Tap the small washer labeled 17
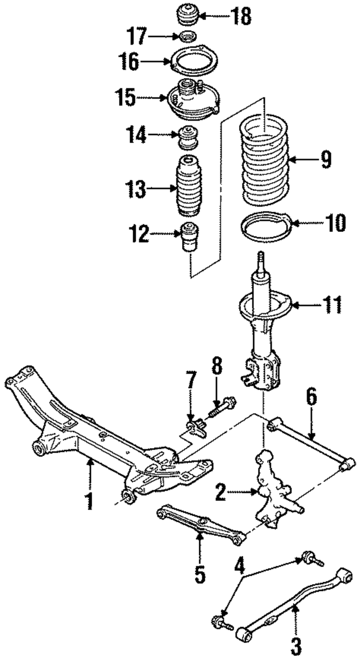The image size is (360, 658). pyautogui.click(x=187, y=38)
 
